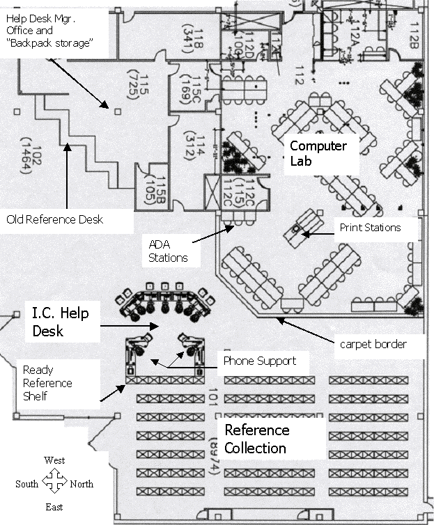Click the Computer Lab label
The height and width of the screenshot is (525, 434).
[318, 154]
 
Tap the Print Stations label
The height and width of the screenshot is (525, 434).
[370, 228]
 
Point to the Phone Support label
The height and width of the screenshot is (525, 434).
[259, 361]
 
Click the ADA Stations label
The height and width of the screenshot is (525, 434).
[168, 251]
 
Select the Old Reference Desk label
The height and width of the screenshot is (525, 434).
[54, 219]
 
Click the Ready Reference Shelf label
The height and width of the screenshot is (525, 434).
[47, 383]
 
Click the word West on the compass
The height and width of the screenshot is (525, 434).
[54, 461]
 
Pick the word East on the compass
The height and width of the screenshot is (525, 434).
[54, 507]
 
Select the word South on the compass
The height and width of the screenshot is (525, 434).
[27, 484]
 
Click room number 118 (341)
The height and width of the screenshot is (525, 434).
[192, 36]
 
